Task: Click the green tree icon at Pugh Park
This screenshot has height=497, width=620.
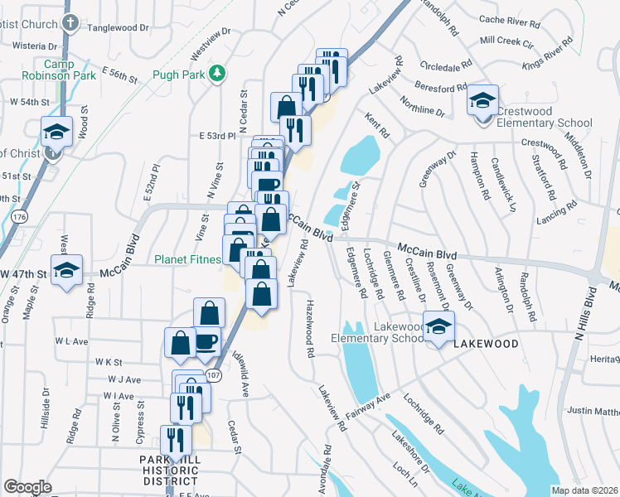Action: click(217, 73)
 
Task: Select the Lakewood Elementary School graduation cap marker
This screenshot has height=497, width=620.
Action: click(438, 327)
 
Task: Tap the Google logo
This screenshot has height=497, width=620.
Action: click(27, 487)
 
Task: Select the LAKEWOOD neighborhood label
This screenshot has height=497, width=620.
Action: click(486, 343)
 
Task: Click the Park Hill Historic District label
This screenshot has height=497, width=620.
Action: click(170, 470)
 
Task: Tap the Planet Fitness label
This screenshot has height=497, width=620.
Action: click(188, 258)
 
